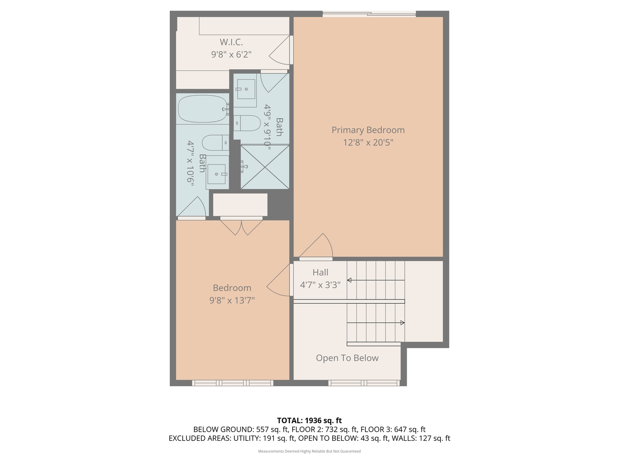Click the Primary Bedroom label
click(x=368, y=130)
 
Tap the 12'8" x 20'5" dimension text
click(x=368, y=143)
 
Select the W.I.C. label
click(x=231, y=42)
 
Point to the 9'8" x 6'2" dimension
click(x=231, y=55)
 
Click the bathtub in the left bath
click(x=202, y=109)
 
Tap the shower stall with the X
click(x=265, y=167)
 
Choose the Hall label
click(x=320, y=272)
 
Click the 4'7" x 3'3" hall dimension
click(x=320, y=285)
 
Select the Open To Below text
click(x=347, y=358)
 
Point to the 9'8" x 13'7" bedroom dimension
click(x=232, y=301)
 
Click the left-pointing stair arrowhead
click(x=349, y=280)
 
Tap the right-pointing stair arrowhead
click(x=403, y=323)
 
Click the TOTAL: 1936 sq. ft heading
click(x=309, y=421)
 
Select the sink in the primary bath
click(x=246, y=89)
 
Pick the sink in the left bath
click(x=216, y=174)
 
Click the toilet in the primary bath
click(x=247, y=123)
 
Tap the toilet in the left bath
click(x=216, y=143)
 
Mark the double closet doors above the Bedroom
click(x=242, y=228)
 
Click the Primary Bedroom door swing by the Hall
click(x=316, y=245)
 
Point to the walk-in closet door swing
click(x=279, y=50)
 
